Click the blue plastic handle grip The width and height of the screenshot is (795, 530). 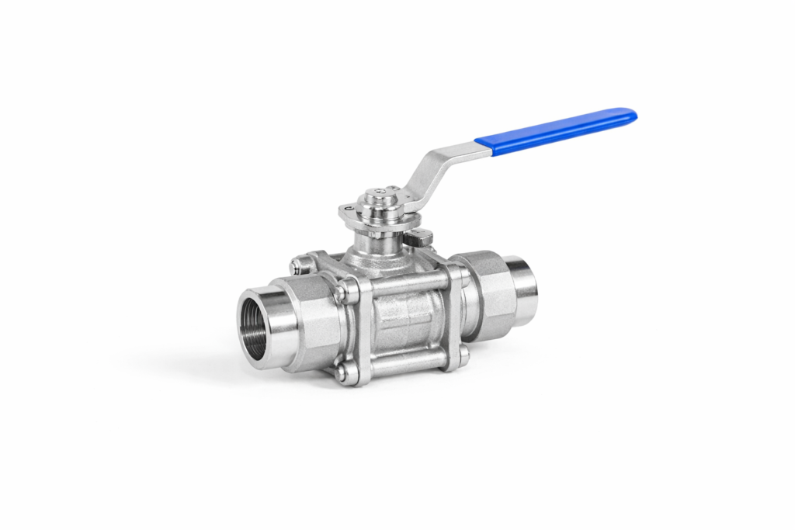(555, 130)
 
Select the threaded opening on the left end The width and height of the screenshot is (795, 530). (259, 319)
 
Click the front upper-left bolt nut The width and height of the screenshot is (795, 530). (341, 293)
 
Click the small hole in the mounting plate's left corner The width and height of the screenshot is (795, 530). (347, 208)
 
